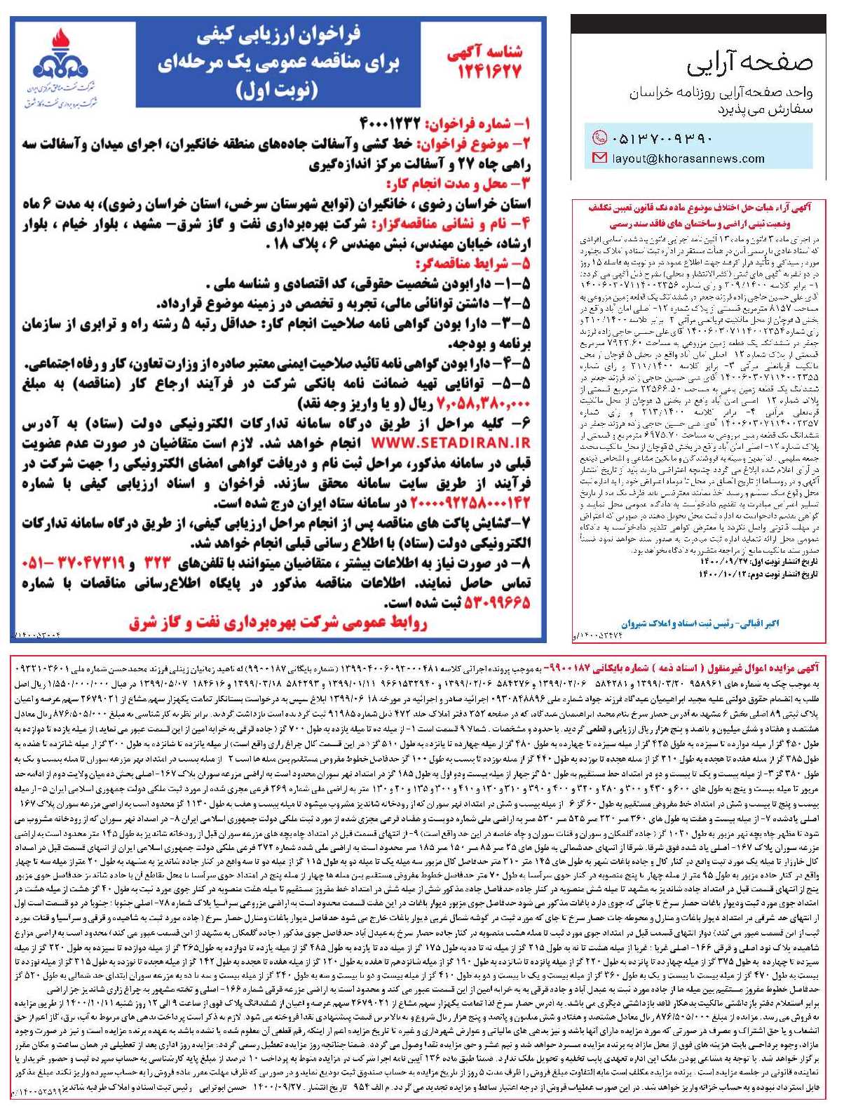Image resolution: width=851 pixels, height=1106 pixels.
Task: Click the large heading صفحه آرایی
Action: point(750,63)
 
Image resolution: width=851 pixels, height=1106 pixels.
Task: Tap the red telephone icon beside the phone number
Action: point(599,137)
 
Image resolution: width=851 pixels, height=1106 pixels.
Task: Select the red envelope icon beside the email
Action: point(599,159)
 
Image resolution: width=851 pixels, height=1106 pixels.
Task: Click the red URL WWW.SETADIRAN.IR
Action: point(450,443)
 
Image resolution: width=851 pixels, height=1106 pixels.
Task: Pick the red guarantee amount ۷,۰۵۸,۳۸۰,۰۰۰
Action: point(484,404)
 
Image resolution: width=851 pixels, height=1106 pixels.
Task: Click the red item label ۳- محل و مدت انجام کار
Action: point(458,184)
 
